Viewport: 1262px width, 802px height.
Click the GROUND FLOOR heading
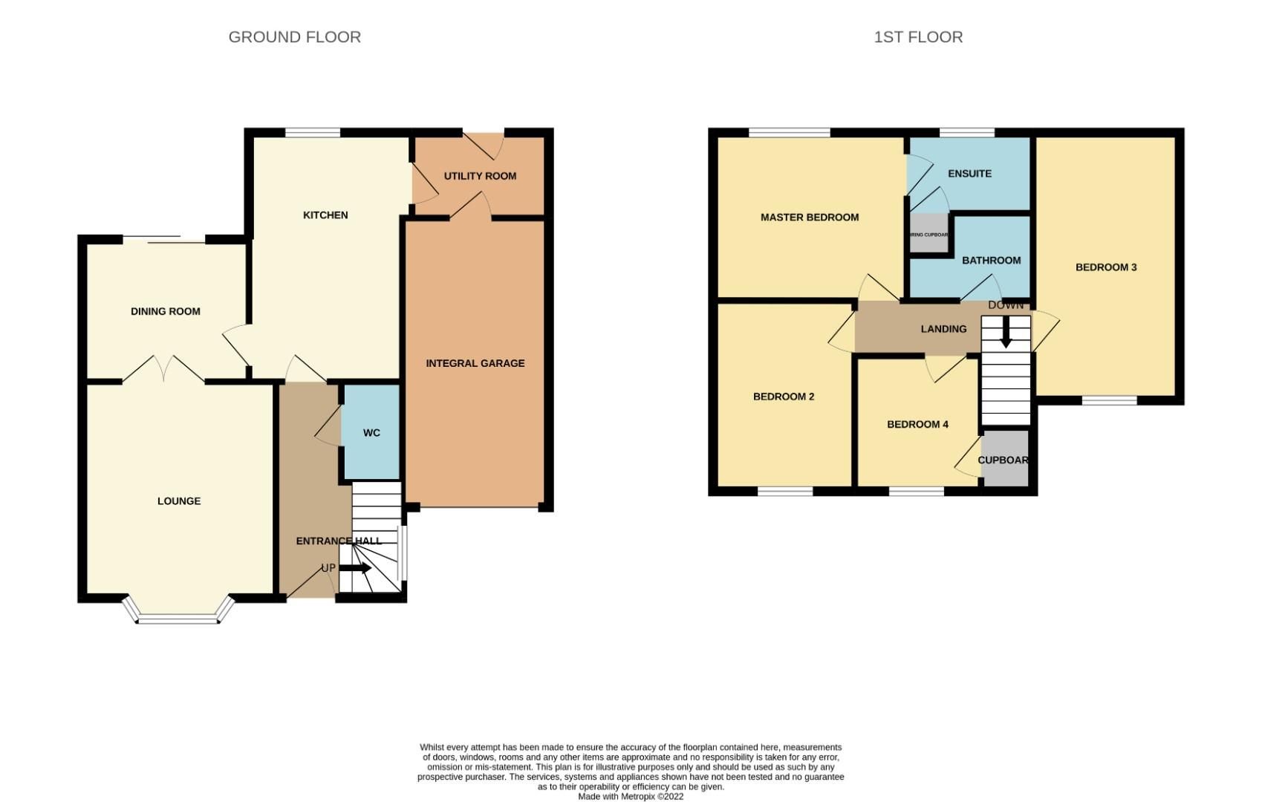pyautogui.click(x=294, y=37)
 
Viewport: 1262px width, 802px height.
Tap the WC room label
pyautogui.click(x=371, y=433)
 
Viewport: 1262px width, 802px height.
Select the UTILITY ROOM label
pyautogui.click(x=480, y=176)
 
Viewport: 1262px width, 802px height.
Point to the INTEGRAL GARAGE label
pyautogui.click(x=475, y=363)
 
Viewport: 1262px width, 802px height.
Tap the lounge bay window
pyautogui.click(x=179, y=617)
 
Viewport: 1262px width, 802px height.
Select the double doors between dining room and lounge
pyautogui.click(x=163, y=370)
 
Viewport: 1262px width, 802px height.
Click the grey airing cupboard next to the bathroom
pyautogui.click(x=929, y=233)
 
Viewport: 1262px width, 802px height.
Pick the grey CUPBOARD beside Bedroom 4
pyautogui.click(x=1005, y=460)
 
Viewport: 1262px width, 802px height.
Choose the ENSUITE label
pyautogui.click(x=969, y=174)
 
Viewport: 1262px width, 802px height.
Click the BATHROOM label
pyautogui.click(x=991, y=261)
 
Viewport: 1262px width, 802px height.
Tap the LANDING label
pyautogui.click(x=943, y=329)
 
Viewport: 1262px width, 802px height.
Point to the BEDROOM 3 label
pyautogui.click(x=1106, y=267)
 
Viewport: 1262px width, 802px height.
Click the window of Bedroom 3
pyautogui.click(x=1109, y=400)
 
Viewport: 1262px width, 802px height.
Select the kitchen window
pyautogui.click(x=313, y=133)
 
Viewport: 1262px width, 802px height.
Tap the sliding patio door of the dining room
pyautogui.click(x=163, y=239)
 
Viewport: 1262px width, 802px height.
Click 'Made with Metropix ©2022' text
pyautogui.click(x=631, y=796)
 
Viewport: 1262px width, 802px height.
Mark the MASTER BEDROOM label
pyautogui.click(x=809, y=218)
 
